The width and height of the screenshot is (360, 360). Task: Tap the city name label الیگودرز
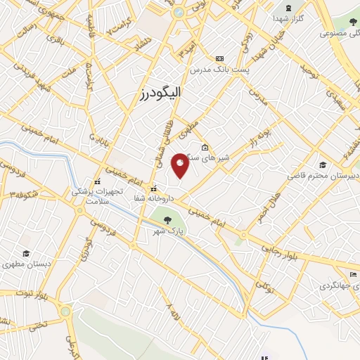(x=161, y=92)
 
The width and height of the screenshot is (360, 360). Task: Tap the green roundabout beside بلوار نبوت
(x=65, y=309)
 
